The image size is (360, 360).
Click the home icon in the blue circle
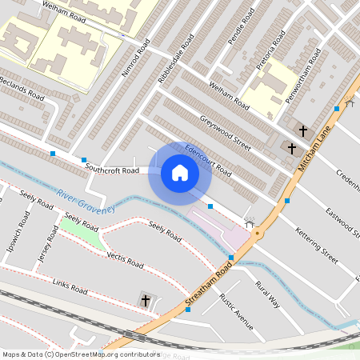180,172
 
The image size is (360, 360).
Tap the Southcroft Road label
112,170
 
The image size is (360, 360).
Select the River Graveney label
86,201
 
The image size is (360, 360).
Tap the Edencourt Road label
208,161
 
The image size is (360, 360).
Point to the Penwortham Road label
304,76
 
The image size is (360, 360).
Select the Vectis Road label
125,259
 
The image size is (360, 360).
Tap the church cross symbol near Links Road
146,300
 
